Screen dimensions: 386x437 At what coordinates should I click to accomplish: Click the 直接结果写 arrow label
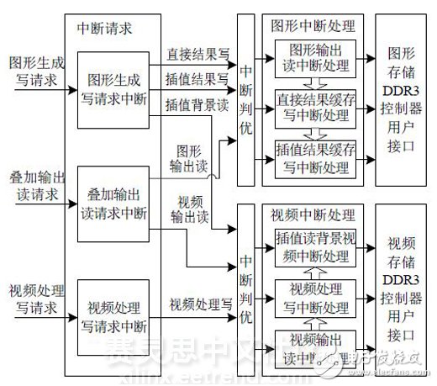pyautogui.click(x=197, y=52)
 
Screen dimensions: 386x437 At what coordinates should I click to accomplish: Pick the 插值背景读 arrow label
pyautogui.click(x=197, y=104)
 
